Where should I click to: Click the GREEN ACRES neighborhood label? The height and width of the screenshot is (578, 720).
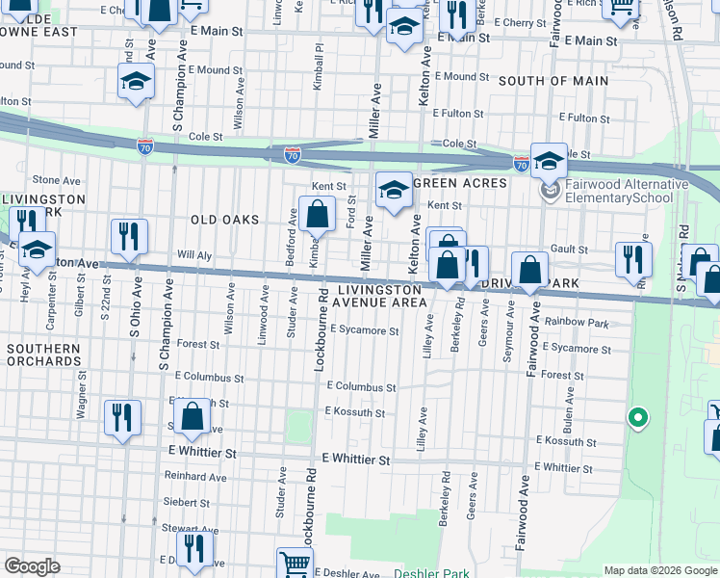[461, 183]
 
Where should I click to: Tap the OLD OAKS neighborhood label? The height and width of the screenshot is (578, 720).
[225, 220]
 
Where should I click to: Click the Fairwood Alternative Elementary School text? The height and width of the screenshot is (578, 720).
[626, 191]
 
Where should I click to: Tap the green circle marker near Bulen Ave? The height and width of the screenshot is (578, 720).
[636, 417]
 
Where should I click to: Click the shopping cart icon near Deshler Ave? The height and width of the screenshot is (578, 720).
[295, 563]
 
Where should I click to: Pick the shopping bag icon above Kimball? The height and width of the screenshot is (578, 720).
[316, 212]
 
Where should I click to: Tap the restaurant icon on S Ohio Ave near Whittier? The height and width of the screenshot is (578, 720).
[122, 416]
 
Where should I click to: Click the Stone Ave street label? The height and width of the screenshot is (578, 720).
[57, 180]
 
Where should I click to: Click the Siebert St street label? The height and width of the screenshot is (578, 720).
[187, 502]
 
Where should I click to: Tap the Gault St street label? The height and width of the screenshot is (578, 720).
[569, 249]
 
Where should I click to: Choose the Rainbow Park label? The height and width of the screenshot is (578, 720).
[578, 321]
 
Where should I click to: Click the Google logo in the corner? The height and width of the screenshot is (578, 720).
[32, 566]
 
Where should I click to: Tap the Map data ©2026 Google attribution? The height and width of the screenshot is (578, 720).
[659, 570]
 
